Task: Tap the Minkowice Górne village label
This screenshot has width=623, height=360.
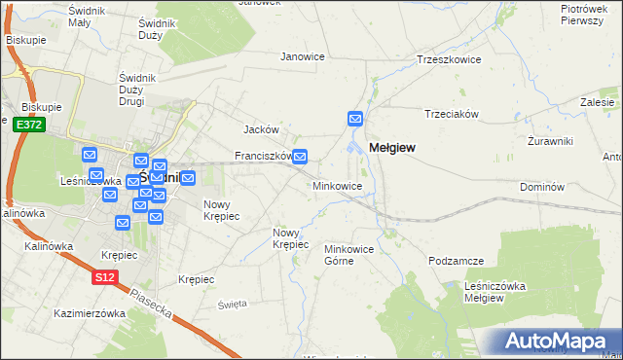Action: click(x=349, y=255)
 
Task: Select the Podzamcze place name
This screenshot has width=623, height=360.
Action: click(x=456, y=261)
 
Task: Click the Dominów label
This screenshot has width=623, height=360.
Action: click(x=542, y=186)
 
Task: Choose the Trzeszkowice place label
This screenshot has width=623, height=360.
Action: click(x=450, y=59)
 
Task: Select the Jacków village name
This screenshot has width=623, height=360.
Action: click(x=261, y=129)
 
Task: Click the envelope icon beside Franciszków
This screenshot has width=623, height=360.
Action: click(x=301, y=156)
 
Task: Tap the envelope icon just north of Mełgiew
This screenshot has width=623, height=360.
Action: click(x=355, y=119)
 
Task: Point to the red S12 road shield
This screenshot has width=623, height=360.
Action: click(x=105, y=277)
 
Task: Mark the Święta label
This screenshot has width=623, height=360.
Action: click(x=233, y=304)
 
